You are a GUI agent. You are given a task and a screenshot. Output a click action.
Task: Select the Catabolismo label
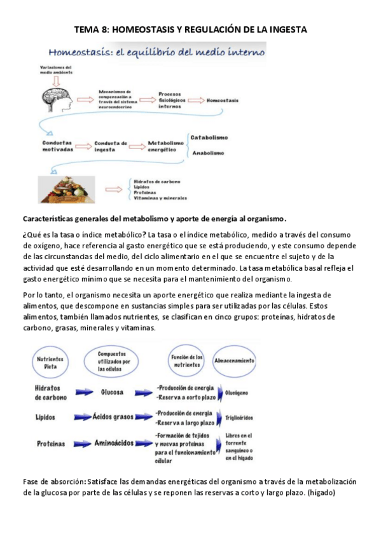point(209,138)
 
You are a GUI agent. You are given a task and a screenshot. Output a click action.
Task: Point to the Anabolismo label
point(209,153)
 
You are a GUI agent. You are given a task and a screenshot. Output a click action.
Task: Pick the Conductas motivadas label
point(58,147)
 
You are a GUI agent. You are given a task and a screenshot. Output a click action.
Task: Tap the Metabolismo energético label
point(165,147)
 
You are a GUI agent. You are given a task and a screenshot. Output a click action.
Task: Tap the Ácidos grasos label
point(115,417)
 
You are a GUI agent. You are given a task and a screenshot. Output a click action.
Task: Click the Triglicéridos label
point(239,418)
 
